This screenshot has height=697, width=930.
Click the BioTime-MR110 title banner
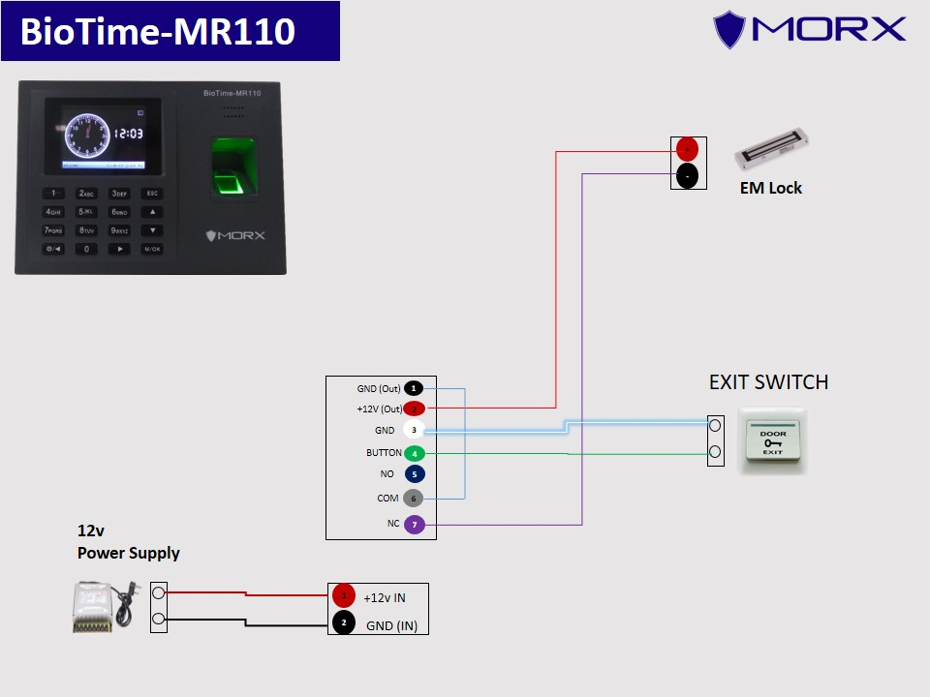170,31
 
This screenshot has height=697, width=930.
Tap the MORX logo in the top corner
810,29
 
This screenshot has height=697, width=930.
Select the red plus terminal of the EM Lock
687,149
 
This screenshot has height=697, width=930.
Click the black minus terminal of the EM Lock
687,176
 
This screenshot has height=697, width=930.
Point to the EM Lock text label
771,188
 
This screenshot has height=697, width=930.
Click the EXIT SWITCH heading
768,382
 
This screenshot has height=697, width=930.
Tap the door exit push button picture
773,439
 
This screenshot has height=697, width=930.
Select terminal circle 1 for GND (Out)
414,388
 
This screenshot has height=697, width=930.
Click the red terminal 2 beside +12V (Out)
414,409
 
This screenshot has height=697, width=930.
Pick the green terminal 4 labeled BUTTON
414,452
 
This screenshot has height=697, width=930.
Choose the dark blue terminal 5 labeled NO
414,474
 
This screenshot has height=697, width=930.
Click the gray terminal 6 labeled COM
414,499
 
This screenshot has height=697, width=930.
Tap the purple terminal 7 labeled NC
414,525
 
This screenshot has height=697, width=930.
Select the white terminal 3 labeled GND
414,430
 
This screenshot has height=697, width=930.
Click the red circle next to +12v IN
343,596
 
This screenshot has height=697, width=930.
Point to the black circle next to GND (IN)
343,623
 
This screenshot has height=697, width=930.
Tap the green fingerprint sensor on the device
234,168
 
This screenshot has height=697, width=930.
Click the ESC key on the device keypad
153,194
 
